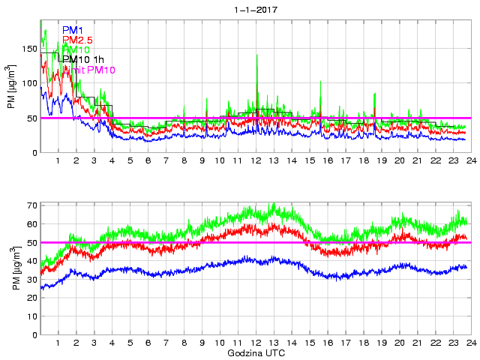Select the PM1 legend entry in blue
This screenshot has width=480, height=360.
point(73,30)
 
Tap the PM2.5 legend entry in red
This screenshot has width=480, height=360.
point(77,40)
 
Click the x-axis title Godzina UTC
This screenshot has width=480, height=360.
point(255,352)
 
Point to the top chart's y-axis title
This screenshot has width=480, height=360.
point(13,87)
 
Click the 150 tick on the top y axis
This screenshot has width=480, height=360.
point(29,49)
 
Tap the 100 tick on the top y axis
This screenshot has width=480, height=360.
point(29,83)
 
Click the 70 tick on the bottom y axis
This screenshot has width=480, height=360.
point(32,205)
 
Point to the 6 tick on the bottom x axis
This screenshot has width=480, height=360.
point(148,343)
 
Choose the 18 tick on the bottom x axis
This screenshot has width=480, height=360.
point(363,343)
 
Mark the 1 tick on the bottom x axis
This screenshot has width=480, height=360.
point(58,343)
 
